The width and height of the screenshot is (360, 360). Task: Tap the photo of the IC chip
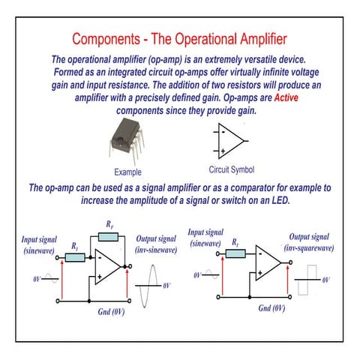[x=129, y=142]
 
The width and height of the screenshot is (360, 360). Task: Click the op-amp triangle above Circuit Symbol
[x=231, y=140]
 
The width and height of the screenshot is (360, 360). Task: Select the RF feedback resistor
[x=109, y=238]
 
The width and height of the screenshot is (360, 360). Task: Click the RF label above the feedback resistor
[x=109, y=225]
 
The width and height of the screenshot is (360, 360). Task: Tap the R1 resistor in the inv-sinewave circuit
[x=75, y=257]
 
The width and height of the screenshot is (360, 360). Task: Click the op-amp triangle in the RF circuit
[x=109, y=267]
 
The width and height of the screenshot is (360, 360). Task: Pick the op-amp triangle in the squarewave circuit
[x=268, y=262]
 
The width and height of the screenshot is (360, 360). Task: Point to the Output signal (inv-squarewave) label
[x=308, y=241]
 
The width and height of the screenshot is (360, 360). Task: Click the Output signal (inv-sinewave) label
[x=154, y=244]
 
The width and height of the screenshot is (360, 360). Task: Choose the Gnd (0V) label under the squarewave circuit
[x=271, y=308]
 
